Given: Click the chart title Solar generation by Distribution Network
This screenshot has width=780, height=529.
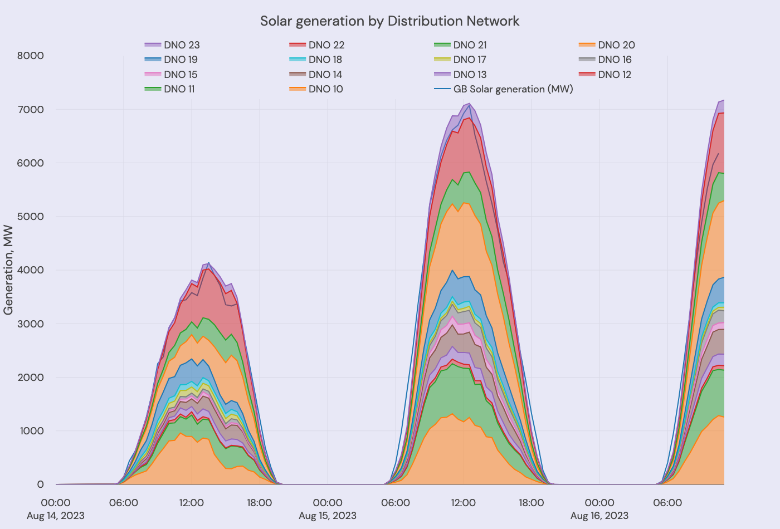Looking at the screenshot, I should click(389, 21).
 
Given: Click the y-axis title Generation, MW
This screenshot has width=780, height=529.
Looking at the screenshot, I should click(8, 270).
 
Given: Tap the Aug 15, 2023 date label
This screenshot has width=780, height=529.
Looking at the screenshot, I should click(328, 516).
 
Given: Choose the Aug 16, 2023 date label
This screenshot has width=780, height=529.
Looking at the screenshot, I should click(599, 516).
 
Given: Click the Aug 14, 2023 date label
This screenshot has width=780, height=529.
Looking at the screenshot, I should click(56, 516).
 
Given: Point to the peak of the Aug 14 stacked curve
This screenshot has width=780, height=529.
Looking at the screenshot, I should click(209, 263).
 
